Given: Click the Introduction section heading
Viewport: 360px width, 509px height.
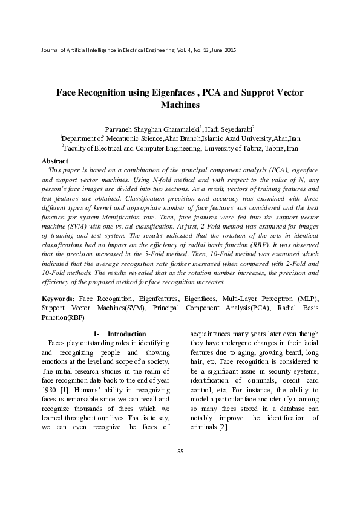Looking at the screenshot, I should tap(126, 334).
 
